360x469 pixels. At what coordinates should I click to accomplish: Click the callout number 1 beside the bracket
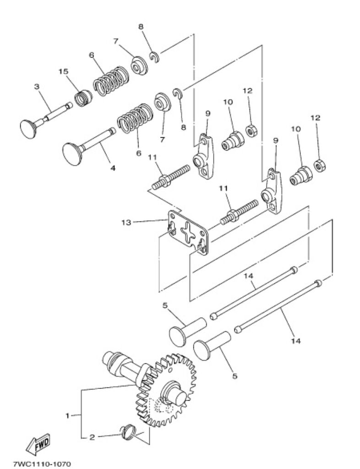(67, 415)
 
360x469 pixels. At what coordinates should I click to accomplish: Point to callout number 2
(92, 437)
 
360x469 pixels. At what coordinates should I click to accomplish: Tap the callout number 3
(37, 87)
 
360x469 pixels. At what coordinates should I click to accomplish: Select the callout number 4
(112, 168)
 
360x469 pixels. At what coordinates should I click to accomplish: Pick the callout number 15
(63, 71)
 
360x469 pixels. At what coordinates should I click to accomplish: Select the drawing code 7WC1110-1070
(42, 464)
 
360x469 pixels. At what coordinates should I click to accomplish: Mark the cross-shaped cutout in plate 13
(189, 232)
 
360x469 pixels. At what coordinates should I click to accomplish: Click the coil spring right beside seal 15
(110, 81)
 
